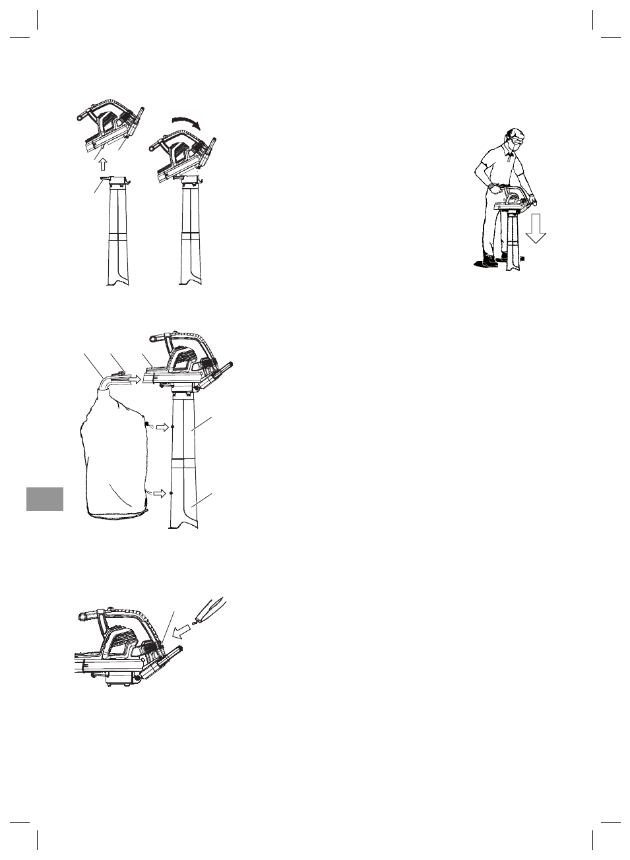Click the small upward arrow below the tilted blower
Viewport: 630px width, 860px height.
coord(102,164)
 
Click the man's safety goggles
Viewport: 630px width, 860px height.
coord(517,140)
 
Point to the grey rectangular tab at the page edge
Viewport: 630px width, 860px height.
coord(45,499)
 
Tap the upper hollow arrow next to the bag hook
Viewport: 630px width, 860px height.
coord(160,427)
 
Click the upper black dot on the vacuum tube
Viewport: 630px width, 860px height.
coord(172,427)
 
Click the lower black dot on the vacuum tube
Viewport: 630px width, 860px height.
coord(171,493)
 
